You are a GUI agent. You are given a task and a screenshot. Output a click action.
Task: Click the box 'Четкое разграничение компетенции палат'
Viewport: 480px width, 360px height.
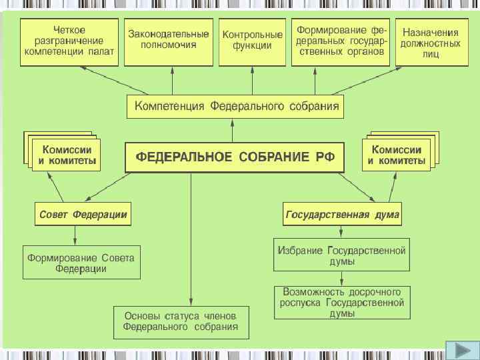(70, 41)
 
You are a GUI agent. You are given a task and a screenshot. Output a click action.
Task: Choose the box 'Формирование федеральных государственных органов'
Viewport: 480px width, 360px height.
(341, 41)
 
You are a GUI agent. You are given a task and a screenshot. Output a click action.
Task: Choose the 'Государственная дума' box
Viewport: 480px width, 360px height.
(342, 215)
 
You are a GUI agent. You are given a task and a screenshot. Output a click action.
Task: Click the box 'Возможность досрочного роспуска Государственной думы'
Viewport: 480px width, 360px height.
(343, 302)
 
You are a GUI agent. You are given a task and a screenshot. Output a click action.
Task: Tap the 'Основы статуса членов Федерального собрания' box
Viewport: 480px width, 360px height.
(180, 322)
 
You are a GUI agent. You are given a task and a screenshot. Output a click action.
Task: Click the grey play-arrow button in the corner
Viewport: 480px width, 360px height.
(459, 349)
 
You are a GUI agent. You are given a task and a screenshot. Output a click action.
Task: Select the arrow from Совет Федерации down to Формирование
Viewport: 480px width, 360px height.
(75, 235)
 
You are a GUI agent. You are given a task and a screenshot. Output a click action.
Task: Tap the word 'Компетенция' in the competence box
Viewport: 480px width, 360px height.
(171, 106)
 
